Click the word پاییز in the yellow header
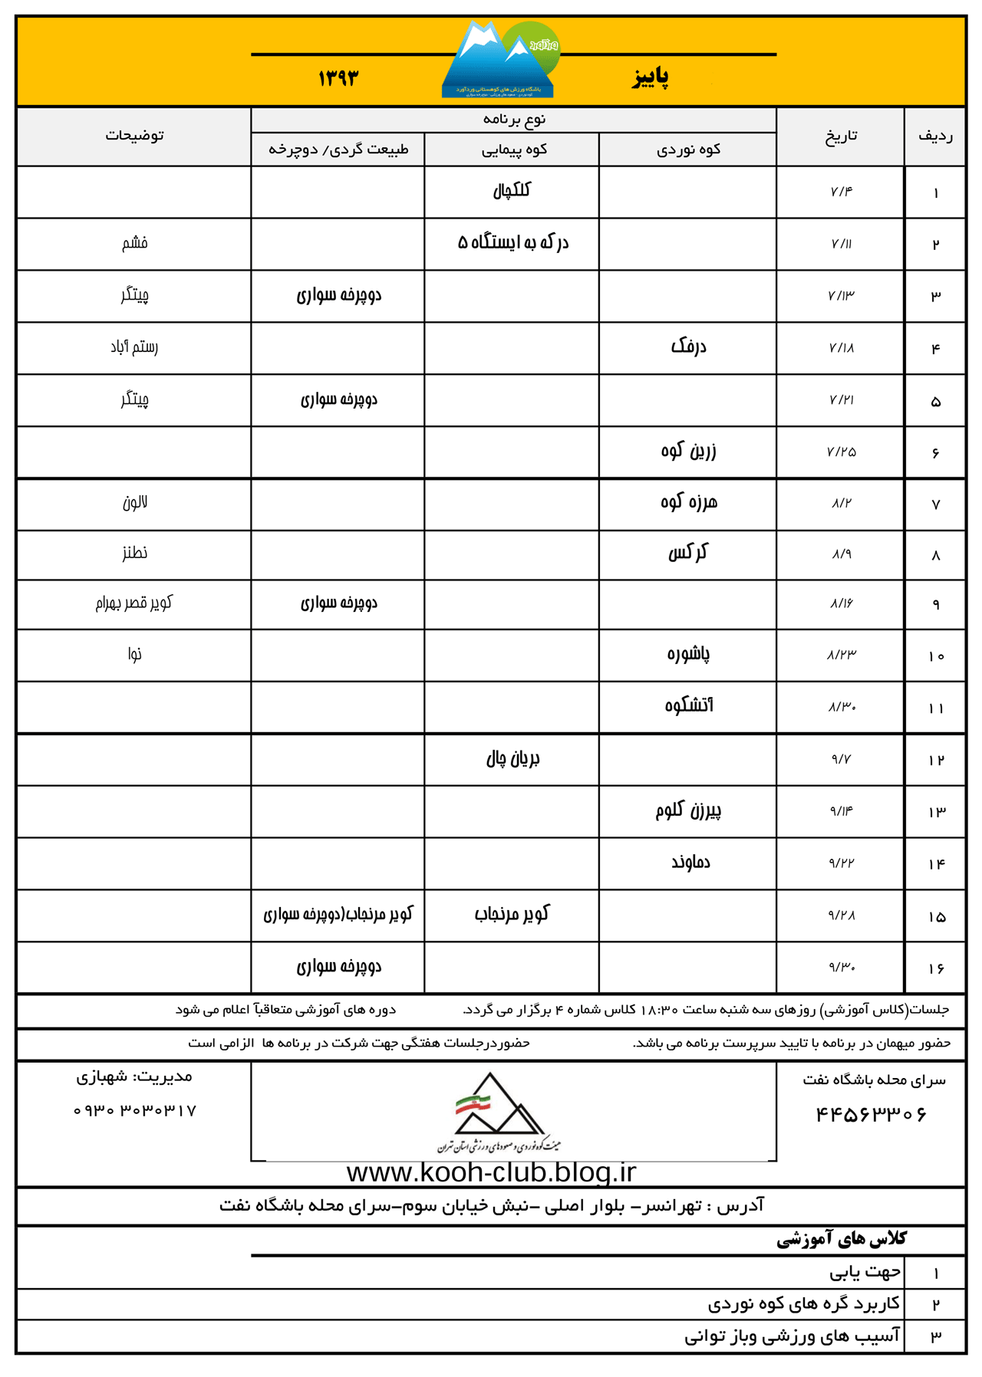tap(651, 77)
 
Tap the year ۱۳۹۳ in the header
tap(338, 77)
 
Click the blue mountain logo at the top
tap(499, 61)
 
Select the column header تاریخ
tap(841, 136)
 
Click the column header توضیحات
tap(134, 136)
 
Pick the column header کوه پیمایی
tap(512, 150)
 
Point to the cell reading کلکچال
tap(512, 190)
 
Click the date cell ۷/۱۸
tap(841, 348)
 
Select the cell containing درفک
tap(688, 347)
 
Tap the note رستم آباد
tap(134, 347)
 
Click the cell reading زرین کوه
tap(688, 451)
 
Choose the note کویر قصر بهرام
tap(134, 603)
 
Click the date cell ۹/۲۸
tap(841, 915)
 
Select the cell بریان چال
tap(512, 759)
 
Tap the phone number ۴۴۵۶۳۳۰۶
tap(871, 1114)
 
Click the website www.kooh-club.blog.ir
tap(491, 1172)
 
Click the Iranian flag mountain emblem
tap(499, 1110)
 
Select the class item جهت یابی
tap(865, 1273)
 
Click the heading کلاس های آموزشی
tap(842, 1239)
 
